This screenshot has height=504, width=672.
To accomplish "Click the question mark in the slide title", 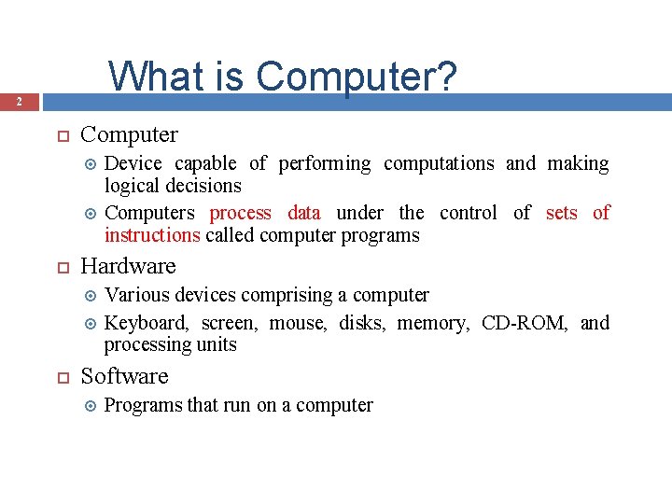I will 447,77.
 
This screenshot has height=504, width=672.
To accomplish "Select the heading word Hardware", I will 128,266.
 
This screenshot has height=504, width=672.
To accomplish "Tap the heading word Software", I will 124,376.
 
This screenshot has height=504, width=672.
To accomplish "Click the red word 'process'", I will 241,214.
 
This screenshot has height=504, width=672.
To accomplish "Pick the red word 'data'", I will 304,213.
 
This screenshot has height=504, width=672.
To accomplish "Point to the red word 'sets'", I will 561,213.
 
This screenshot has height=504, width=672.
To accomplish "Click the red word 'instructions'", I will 152,235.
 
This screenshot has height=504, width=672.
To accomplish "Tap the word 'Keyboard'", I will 145,323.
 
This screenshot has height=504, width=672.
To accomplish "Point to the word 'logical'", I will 131,186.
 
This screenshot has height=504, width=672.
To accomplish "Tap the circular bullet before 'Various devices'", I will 91,296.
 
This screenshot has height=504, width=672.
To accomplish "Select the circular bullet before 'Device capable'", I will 91,164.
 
